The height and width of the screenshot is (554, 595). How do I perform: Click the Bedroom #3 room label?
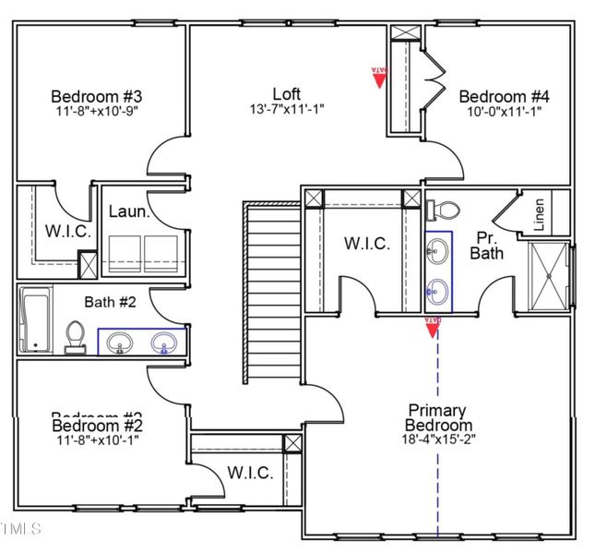tap(95, 96)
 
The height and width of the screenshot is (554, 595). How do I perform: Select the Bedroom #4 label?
tap(504, 96)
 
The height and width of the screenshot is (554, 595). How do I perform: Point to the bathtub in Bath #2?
tap(35, 319)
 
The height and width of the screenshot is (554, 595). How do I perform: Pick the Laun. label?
tap(129, 211)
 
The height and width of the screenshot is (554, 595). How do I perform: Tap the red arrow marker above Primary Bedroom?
tap(431, 326)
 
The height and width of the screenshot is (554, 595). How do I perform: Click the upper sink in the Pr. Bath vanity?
tap(439, 250)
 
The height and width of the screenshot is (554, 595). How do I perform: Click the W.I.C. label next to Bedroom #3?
tap(68, 232)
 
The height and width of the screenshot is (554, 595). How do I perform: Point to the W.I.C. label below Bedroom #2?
tap(249, 473)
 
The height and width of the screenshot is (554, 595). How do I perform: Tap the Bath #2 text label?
tap(111, 301)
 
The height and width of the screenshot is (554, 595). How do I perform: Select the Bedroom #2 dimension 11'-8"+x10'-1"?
tap(95, 440)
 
